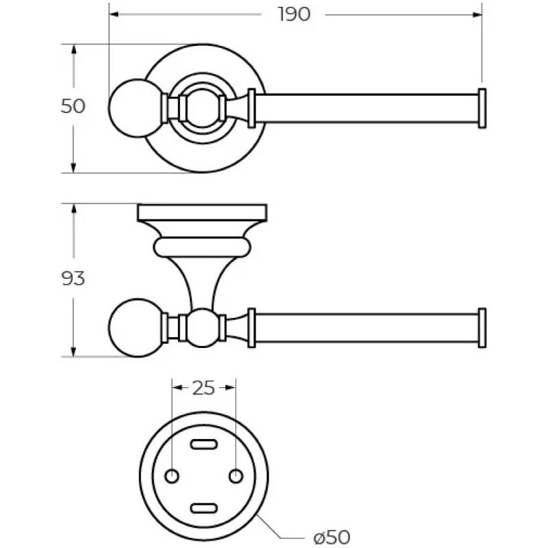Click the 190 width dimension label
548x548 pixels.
click(x=295, y=14)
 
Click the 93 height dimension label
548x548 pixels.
click(x=73, y=279)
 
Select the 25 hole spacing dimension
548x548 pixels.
click(x=203, y=388)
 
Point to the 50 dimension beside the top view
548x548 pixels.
click(x=73, y=107)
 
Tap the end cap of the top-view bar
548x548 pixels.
click(x=482, y=108)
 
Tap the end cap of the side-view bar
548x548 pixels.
click(x=482, y=327)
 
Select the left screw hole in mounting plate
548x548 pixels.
click(x=172, y=475)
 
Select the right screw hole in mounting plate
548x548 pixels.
click(x=236, y=475)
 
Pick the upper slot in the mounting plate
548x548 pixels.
click(x=203, y=445)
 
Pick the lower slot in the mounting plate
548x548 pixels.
click(x=203, y=508)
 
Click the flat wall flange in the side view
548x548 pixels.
click(x=202, y=212)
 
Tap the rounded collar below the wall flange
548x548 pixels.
click(x=202, y=246)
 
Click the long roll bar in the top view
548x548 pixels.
click(x=366, y=108)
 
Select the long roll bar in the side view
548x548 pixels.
click(x=366, y=327)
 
